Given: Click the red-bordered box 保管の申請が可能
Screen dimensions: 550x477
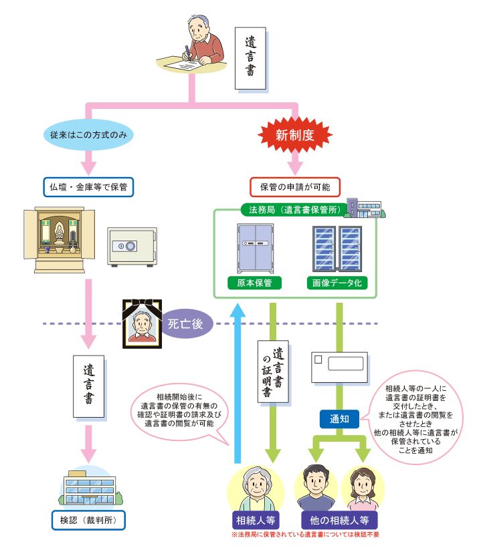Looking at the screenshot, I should pos(295,186).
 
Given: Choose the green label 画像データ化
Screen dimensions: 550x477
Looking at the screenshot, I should pos(337,283).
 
